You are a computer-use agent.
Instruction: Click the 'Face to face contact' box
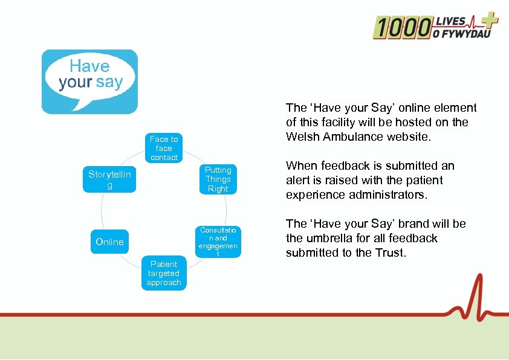click(x=164, y=148)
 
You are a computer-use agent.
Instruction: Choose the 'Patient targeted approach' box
click(x=164, y=273)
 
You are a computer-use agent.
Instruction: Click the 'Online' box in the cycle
click(x=109, y=242)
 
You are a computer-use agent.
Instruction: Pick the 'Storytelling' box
click(x=109, y=179)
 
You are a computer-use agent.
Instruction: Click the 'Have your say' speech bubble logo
click(x=89, y=82)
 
